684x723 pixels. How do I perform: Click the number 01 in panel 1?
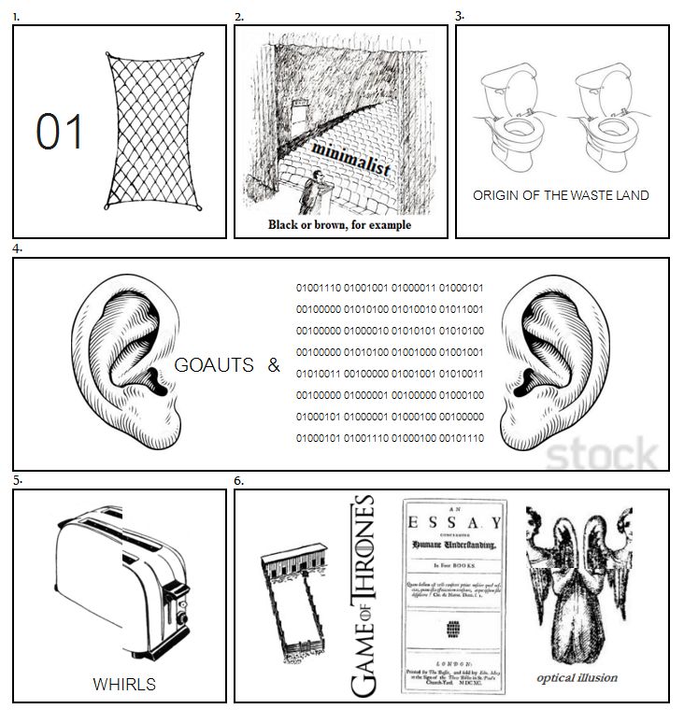click(x=61, y=133)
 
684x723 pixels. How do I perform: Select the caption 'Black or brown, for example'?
click(x=339, y=225)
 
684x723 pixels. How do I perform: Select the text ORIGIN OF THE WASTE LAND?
click(x=561, y=195)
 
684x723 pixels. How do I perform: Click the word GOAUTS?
click(x=214, y=366)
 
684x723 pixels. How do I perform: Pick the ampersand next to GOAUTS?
click(x=274, y=366)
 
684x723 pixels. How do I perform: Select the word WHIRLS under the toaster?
click(x=124, y=684)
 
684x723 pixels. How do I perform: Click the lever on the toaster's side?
click(x=178, y=610)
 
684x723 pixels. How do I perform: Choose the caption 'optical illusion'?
click(x=577, y=677)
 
